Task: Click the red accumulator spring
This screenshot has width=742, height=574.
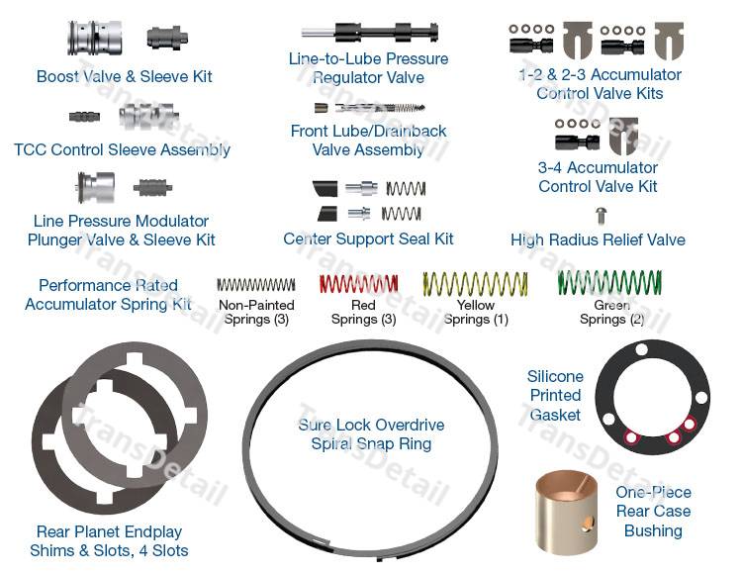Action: [358, 285]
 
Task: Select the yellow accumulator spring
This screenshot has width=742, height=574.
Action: [476, 285]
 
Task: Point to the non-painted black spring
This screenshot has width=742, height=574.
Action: [255, 285]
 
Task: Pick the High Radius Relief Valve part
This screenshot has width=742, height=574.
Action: [599, 215]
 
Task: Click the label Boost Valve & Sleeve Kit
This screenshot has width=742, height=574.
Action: [125, 76]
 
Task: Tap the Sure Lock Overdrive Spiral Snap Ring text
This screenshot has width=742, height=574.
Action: [371, 434]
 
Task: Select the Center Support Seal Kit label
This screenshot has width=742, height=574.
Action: [368, 239]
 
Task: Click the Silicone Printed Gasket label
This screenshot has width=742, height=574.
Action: [556, 396]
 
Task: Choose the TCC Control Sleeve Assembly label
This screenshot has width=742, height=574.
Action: [123, 149]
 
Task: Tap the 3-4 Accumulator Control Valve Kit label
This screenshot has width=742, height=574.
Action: [598, 177]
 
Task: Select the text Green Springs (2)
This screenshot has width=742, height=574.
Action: [611, 312]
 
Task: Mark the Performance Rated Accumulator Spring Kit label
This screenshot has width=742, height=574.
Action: [108, 295]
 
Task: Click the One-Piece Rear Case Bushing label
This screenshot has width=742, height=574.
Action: [653, 512]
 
